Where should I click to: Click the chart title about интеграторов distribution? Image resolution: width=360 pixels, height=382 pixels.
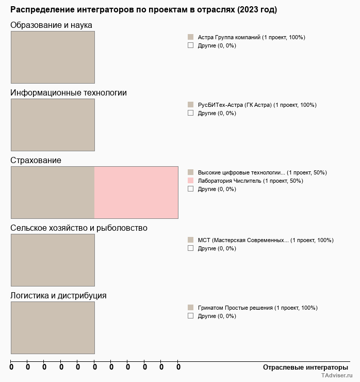click(143, 10)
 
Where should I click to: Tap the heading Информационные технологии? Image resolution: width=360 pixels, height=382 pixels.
click(69, 93)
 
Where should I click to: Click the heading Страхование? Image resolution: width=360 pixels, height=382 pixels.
click(36, 161)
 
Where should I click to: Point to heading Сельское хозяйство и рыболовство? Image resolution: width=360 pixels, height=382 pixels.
click(79, 228)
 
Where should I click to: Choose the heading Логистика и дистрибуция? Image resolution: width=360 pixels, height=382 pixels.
click(58, 296)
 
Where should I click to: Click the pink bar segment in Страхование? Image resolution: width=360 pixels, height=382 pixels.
click(136, 193)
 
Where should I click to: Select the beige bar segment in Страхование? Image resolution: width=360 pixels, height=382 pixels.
click(53, 193)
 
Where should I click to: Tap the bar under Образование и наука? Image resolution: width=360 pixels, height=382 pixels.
click(53, 57)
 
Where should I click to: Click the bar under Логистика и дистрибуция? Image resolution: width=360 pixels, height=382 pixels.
click(53, 328)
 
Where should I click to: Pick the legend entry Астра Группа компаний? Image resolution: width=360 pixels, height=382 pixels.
click(251, 37)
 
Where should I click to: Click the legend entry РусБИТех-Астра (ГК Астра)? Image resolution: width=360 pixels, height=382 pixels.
click(257, 105)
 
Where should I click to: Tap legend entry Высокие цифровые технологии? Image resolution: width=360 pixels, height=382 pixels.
click(262, 172)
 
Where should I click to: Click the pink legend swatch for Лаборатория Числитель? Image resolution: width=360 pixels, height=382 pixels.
click(190, 181)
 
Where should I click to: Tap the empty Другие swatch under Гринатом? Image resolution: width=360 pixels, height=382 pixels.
click(190, 316)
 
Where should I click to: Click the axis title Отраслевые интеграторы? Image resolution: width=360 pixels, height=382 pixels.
click(305, 367)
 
